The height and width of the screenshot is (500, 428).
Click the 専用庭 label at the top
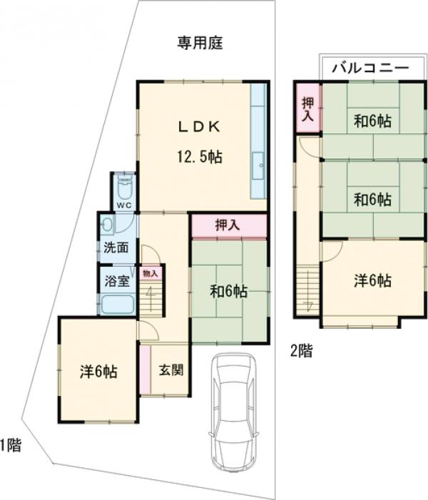tap(200, 44)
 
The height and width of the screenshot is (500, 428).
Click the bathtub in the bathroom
tap(118, 305)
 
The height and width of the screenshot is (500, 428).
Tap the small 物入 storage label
tap(150, 272)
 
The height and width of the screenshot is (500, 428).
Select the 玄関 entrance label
tap(171, 369)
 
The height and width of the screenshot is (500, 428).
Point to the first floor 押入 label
tap(228, 225)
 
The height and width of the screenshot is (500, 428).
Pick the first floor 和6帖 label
tap(228, 291)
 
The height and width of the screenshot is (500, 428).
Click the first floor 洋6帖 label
tap(98, 371)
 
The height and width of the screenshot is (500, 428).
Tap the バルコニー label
tap(370, 68)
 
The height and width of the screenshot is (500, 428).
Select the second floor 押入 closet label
tap(307, 108)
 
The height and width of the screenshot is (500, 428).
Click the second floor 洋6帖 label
tap(372, 280)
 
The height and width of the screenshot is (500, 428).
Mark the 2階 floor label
tap(300, 350)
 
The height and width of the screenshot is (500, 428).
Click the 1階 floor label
tap(10, 447)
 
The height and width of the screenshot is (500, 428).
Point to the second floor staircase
tap(308, 289)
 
